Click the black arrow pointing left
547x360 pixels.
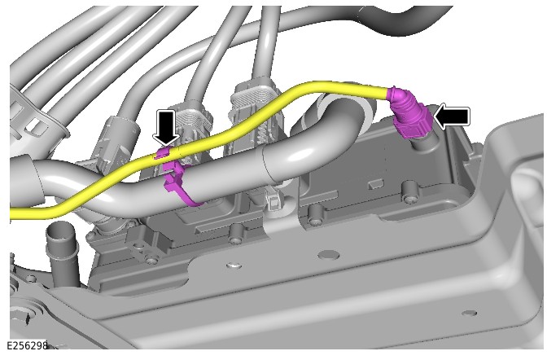(x=453, y=116)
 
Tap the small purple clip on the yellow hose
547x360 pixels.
(x=164, y=153)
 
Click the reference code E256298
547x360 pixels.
(x=27, y=345)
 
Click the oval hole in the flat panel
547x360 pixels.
(x=329, y=255)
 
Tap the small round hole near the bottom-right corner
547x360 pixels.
(x=470, y=313)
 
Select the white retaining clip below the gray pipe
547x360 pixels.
(x=273, y=200)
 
